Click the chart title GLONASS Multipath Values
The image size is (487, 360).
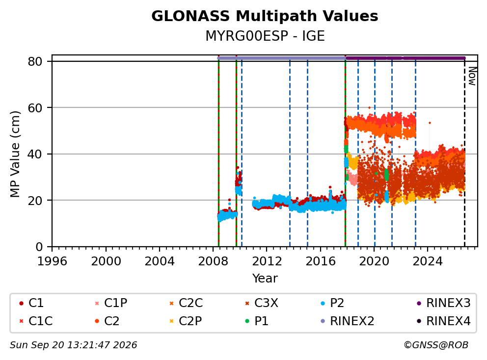click(265, 16)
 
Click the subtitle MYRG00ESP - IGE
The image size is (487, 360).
click(265, 36)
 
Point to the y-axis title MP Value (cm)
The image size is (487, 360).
click(15, 154)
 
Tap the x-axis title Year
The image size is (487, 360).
click(265, 278)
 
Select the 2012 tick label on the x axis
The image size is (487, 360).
click(267, 261)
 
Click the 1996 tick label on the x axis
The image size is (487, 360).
click(52, 261)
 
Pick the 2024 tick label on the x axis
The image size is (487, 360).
click(428, 261)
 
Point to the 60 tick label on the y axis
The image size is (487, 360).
click(35, 108)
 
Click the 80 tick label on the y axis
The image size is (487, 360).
click(35, 61)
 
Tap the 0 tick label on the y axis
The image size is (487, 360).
click(39, 247)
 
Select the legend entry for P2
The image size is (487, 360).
click(332, 303)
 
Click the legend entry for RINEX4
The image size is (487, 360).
click(444, 321)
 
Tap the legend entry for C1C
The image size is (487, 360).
click(36, 321)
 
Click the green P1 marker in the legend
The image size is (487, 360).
click(247, 321)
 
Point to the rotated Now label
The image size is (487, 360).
click(472, 76)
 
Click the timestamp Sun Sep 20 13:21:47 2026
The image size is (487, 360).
click(73, 345)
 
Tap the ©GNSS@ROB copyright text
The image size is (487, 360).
click(436, 345)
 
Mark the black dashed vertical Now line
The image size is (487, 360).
click(464, 153)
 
